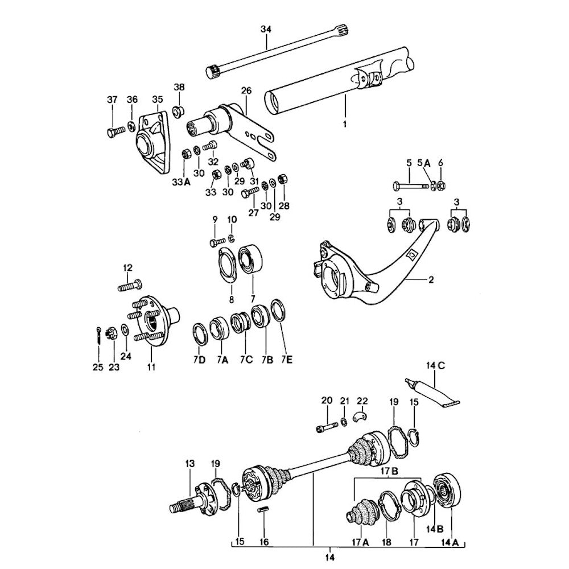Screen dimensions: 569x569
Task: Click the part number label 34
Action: coord(266,29)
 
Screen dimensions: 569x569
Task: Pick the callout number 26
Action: coord(246,90)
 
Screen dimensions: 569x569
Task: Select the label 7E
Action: coord(286,360)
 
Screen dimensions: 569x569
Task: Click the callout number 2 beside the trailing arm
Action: coord(431,279)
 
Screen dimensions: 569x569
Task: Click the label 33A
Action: coord(182,182)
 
